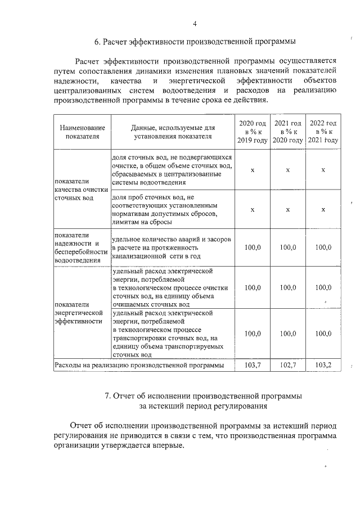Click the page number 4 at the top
click(195, 24)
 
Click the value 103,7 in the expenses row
click(252, 365)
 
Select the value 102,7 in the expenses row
click(287, 365)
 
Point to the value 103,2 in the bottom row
click(323, 365)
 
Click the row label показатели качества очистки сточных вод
click(80, 190)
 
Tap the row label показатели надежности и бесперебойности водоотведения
click(80, 247)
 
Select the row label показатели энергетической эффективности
click(78, 313)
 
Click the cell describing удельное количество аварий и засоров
click(171, 247)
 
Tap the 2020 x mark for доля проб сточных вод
click(252, 209)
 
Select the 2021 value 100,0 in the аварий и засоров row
click(287, 247)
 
